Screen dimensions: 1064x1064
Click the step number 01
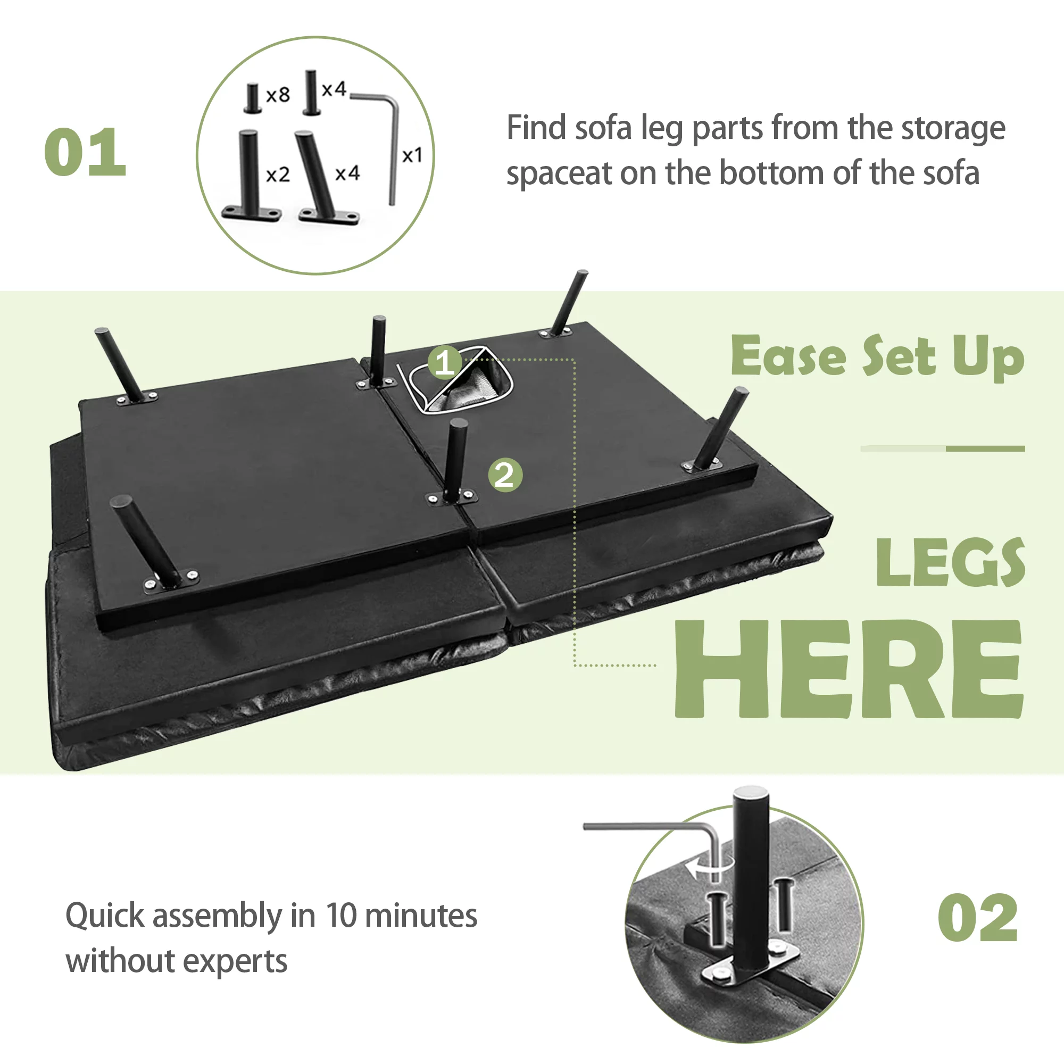tap(85, 152)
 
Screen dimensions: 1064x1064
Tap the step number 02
tap(977, 918)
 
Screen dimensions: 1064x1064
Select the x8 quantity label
tap(278, 95)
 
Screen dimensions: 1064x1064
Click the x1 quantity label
tap(412, 155)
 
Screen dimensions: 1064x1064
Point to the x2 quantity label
tap(278, 174)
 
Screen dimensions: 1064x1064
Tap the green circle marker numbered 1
tap(445, 362)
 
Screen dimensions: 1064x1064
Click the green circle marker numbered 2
tap(505, 475)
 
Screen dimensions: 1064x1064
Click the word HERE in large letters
tap(849, 669)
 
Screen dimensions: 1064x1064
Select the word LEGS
tap(950, 562)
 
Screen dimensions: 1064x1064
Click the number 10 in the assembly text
tap(342, 917)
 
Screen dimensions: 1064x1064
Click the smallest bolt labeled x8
tap(252, 98)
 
